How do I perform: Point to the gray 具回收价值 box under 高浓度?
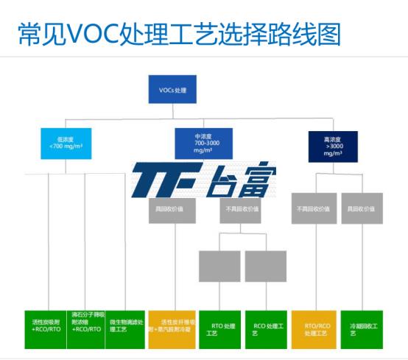coord(362,208)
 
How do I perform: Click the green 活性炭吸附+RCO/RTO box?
coord(46,328)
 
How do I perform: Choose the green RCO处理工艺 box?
coord(266,328)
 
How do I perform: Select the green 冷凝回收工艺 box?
coord(362,328)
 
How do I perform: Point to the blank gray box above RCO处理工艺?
coord(266,266)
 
